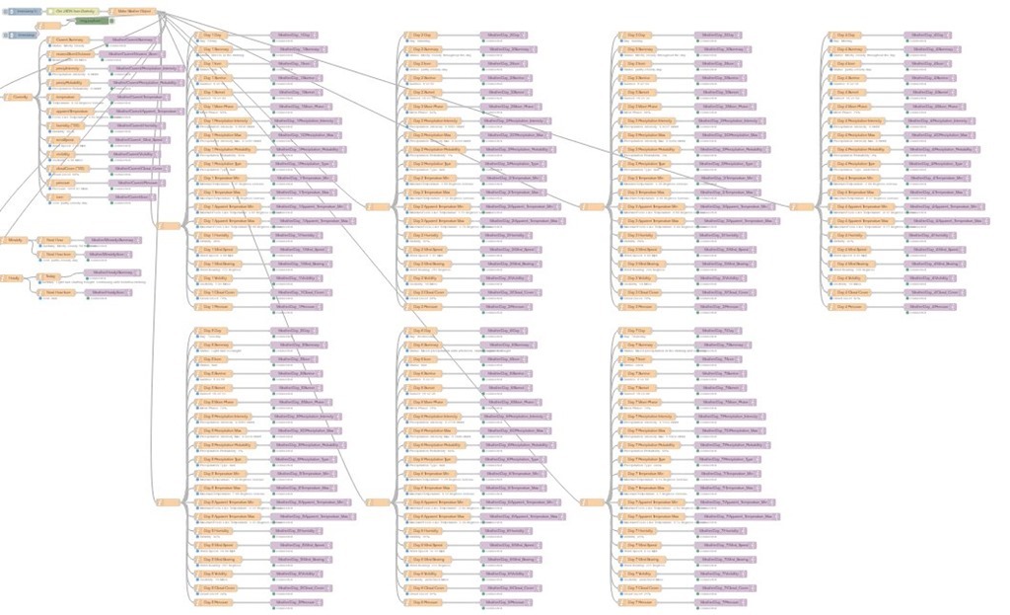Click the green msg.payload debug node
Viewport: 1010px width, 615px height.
pyautogui.click(x=89, y=21)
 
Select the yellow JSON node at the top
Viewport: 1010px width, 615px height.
pyautogui.click(x=74, y=11)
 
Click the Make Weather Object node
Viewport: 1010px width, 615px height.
pyautogui.click(x=134, y=11)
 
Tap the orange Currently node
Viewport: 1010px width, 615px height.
pyautogui.click(x=19, y=97)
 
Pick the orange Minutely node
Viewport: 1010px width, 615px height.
pyautogui.click(x=16, y=240)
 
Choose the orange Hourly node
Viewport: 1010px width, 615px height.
pyautogui.click(x=15, y=278)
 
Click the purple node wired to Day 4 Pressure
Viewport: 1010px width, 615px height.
pyautogui.click(x=928, y=307)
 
